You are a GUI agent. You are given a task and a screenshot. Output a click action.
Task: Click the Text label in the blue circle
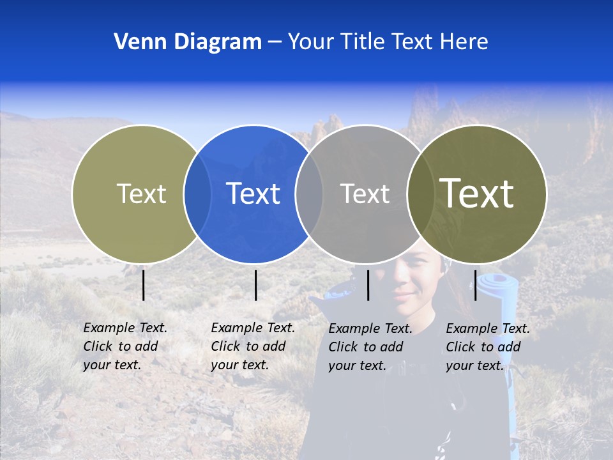click(253, 193)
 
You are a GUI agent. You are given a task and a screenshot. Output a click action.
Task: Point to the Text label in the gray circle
click(365, 194)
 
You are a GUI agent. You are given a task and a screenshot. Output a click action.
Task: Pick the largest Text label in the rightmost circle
click(476, 193)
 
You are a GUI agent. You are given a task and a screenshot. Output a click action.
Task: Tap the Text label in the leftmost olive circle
click(141, 194)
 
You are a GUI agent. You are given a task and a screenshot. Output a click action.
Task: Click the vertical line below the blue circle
click(255, 285)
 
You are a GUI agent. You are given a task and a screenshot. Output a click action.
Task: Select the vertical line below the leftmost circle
click(144, 285)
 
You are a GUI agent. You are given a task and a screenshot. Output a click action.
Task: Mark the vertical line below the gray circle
click(368, 285)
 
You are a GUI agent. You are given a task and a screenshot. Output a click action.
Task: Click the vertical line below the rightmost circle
click(475, 285)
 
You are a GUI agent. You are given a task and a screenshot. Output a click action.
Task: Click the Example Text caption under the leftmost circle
click(125, 346)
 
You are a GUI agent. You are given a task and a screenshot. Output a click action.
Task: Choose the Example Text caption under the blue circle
click(253, 346)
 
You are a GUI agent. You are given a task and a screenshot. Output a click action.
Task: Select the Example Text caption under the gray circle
click(370, 347)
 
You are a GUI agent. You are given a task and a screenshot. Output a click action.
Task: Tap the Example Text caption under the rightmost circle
click(488, 347)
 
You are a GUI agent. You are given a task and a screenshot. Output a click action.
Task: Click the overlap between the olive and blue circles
click(197, 194)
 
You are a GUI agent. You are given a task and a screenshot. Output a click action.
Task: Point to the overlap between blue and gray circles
click(309, 194)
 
